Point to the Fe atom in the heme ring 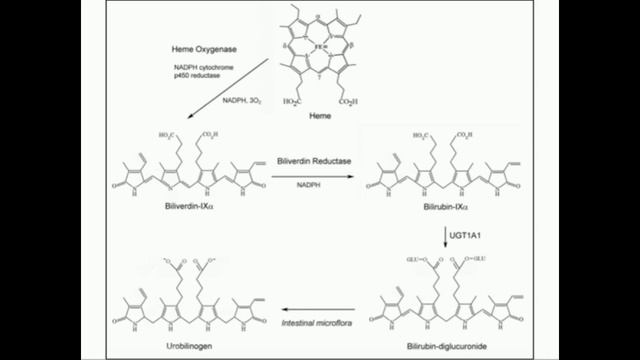(x=314, y=46)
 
